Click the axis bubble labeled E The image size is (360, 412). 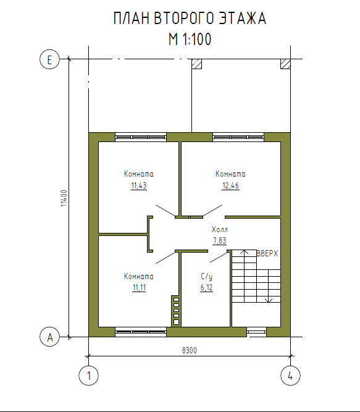tap(49, 59)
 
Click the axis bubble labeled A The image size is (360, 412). tap(49, 337)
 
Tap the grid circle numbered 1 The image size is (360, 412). tap(89, 376)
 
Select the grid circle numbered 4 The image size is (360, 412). tap(290, 376)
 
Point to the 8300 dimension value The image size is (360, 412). tap(190, 350)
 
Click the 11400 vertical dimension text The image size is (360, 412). tap(64, 198)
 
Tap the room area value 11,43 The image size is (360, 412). tap(139, 186)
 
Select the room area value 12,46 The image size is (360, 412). tap(230, 186)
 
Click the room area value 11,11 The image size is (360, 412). tap(139, 288)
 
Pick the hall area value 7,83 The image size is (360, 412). tap(219, 240)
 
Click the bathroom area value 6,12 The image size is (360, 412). tap(206, 288)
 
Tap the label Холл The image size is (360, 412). tap(220, 229)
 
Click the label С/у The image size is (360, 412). tap(206, 277)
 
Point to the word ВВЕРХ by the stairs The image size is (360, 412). tap(267, 253)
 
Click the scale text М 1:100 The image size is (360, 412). tap(190, 40)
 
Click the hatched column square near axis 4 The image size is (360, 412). tap(285, 64)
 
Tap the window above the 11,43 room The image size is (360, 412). tap(141, 137)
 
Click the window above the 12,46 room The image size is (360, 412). tap(238, 137)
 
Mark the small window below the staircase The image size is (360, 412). tap(256, 332)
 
